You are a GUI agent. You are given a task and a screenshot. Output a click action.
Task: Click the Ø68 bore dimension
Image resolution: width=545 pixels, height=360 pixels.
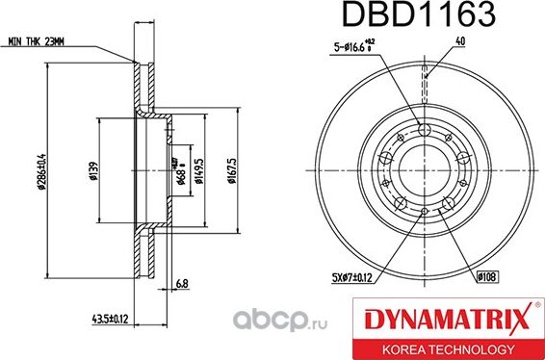(x=181, y=177)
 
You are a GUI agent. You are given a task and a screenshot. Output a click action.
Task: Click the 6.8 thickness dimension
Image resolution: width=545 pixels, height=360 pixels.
(x=183, y=282)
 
